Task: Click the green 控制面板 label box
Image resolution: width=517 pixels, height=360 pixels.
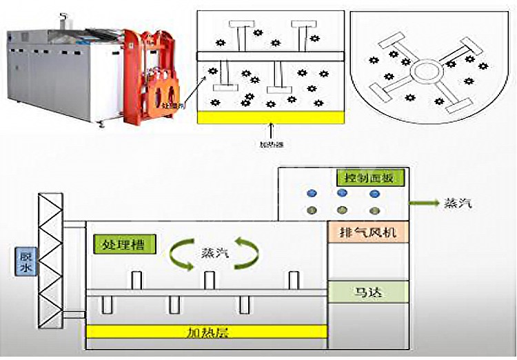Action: pos(366,178)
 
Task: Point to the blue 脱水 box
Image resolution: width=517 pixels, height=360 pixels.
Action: pos(21,260)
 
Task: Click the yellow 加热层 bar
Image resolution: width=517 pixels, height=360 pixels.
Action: pos(207,332)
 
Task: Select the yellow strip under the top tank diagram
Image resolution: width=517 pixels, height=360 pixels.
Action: pos(270,117)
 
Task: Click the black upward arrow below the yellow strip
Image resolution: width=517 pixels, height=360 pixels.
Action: pos(271,130)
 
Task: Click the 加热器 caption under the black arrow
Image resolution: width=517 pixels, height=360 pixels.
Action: pos(271,145)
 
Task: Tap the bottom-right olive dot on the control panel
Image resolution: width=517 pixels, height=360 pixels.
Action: pos(374,210)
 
